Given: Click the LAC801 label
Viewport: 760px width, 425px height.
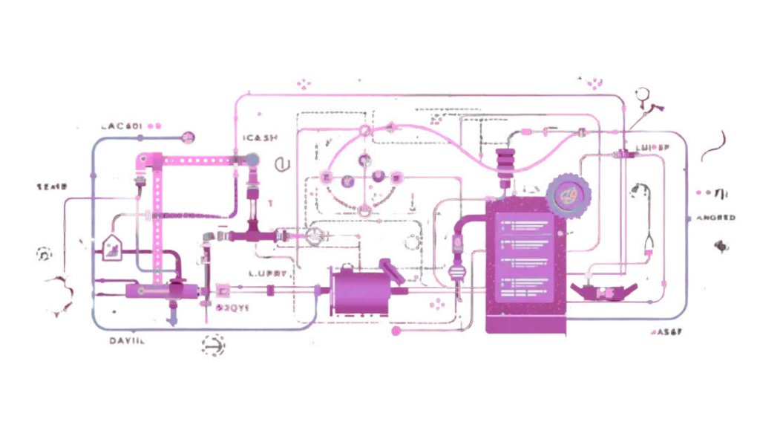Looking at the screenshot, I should (122, 126).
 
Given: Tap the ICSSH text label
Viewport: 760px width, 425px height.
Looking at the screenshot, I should (261, 138).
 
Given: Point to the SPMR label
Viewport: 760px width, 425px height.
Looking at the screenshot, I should (52, 186).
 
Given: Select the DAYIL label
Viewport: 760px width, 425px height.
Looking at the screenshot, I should (128, 341).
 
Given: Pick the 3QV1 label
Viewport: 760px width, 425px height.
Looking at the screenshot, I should (232, 306).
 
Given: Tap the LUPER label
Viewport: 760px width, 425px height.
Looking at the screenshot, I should (653, 148).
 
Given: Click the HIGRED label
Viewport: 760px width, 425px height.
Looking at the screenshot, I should (717, 218).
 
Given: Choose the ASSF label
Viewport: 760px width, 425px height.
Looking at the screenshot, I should (669, 332).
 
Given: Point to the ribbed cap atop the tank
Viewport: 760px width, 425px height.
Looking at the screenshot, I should (505, 160).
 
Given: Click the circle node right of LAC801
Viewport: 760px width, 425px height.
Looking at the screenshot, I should (188, 137).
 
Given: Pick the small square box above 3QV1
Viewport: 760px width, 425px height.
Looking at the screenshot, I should (222, 288).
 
